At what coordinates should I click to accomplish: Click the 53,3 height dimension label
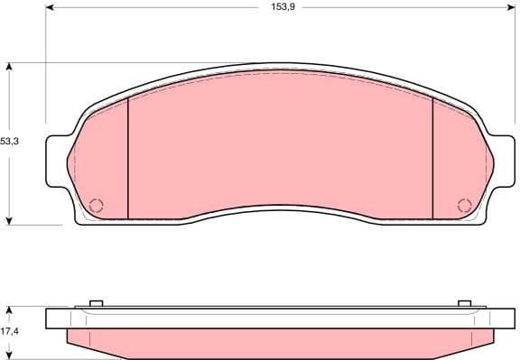(10, 142)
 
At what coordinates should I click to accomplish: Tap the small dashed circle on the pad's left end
(97, 204)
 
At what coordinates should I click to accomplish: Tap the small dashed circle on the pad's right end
(464, 204)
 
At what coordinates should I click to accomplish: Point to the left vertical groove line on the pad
(128, 158)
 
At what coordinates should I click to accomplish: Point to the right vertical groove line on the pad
(433, 158)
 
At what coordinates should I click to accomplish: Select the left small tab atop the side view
(97, 302)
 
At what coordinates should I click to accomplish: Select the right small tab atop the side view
(465, 302)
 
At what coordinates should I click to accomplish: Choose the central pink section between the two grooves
(280, 144)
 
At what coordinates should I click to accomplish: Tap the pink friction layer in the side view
(280, 341)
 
